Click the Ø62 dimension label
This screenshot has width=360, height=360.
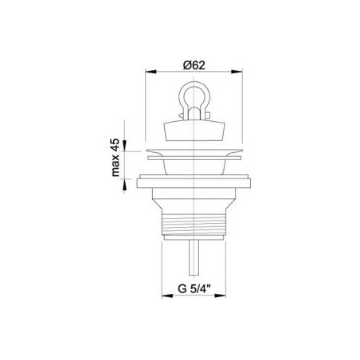tap(194, 65)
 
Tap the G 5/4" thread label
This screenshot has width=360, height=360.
tap(194, 288)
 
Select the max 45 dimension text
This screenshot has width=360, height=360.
tap(115, 158)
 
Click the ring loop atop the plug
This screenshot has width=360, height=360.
tap(194, 91)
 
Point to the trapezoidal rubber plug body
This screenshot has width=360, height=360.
tap(194, 130)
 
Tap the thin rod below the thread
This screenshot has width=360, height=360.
tap(194, 257)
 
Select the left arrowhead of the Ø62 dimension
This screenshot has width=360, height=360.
tap(151, 72)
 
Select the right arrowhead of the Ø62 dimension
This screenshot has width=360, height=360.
tap(237, 72)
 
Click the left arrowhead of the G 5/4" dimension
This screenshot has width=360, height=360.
tap(167, 295)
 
